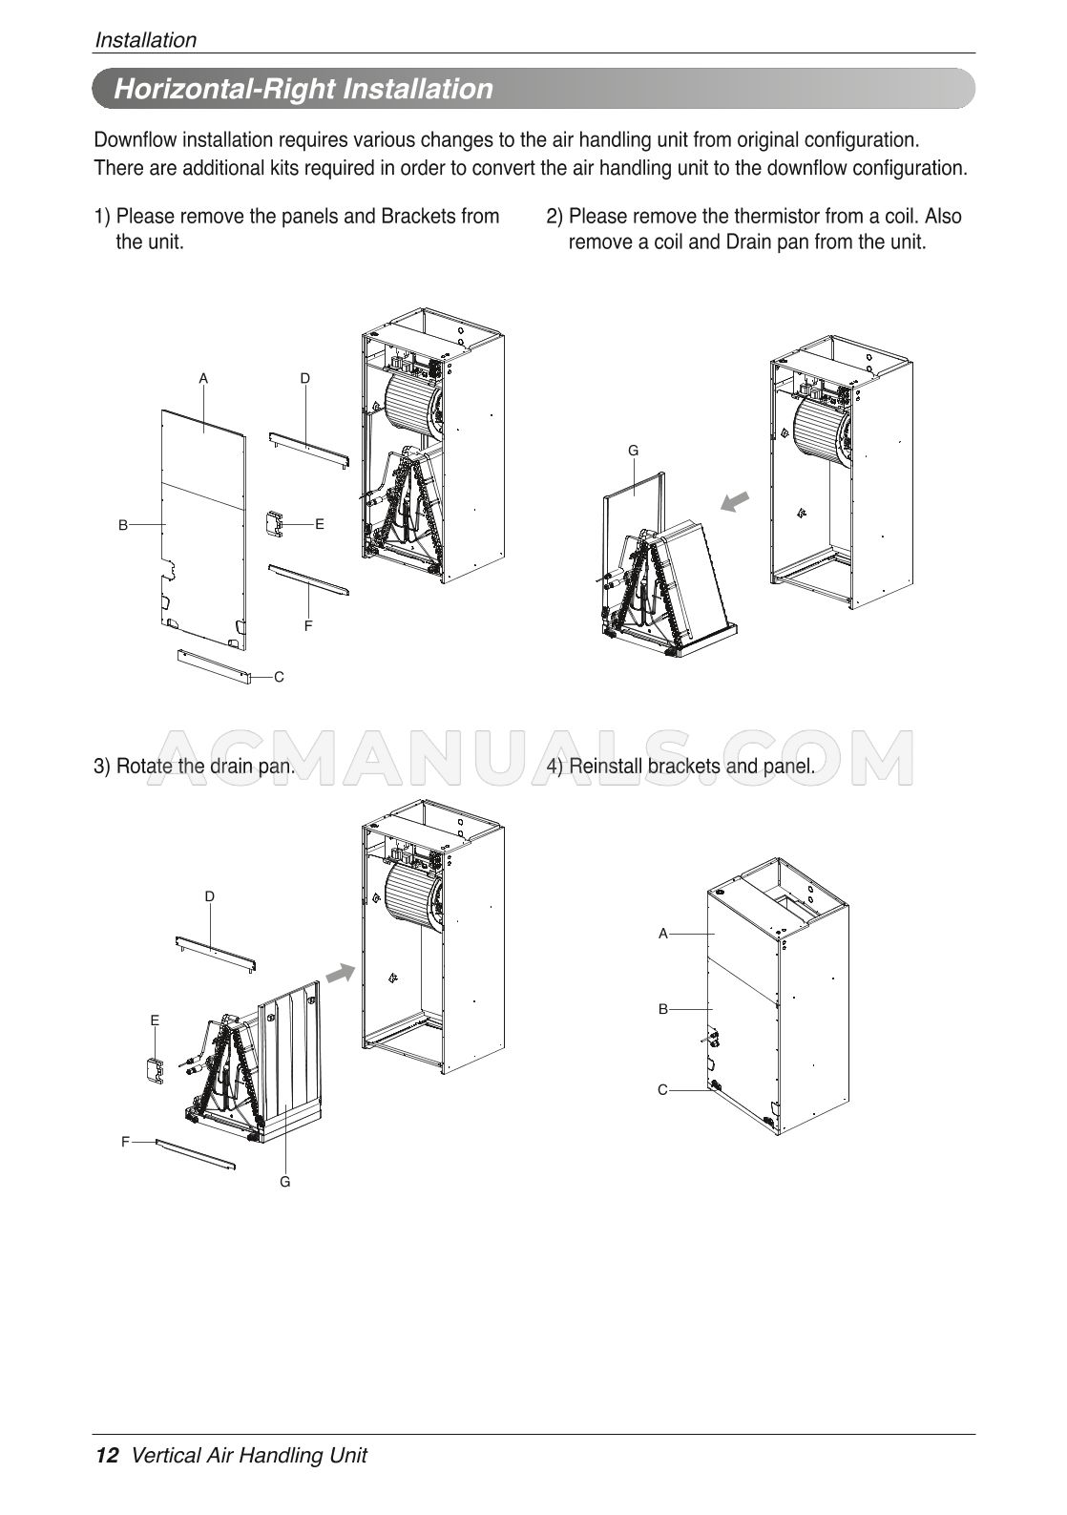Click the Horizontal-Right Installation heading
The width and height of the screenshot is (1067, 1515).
(303, 90)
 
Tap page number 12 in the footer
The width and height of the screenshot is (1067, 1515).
(107, 1455)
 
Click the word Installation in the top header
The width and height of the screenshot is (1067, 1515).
(145, 40)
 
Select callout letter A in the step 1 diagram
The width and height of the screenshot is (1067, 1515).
(203, 378)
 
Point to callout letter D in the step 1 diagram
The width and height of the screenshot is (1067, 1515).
(304, 378)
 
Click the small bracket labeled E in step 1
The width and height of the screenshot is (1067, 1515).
(274, 524)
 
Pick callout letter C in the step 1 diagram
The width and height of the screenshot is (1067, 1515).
(279, 677)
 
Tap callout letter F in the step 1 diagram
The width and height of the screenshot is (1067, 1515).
(308, 626)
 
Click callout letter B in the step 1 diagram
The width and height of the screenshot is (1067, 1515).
(123, 524)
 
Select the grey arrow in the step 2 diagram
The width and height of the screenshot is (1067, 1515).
(734, 502)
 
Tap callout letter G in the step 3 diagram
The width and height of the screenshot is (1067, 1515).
(284, 1181)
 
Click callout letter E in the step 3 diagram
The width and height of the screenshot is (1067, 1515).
(155, 1021)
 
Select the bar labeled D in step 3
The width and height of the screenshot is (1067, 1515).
(216, 953)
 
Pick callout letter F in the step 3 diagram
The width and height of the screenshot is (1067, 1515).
(125, 1141)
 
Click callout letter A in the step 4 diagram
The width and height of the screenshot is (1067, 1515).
(662, 934)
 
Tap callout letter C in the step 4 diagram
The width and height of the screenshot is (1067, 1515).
(662, 1089)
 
